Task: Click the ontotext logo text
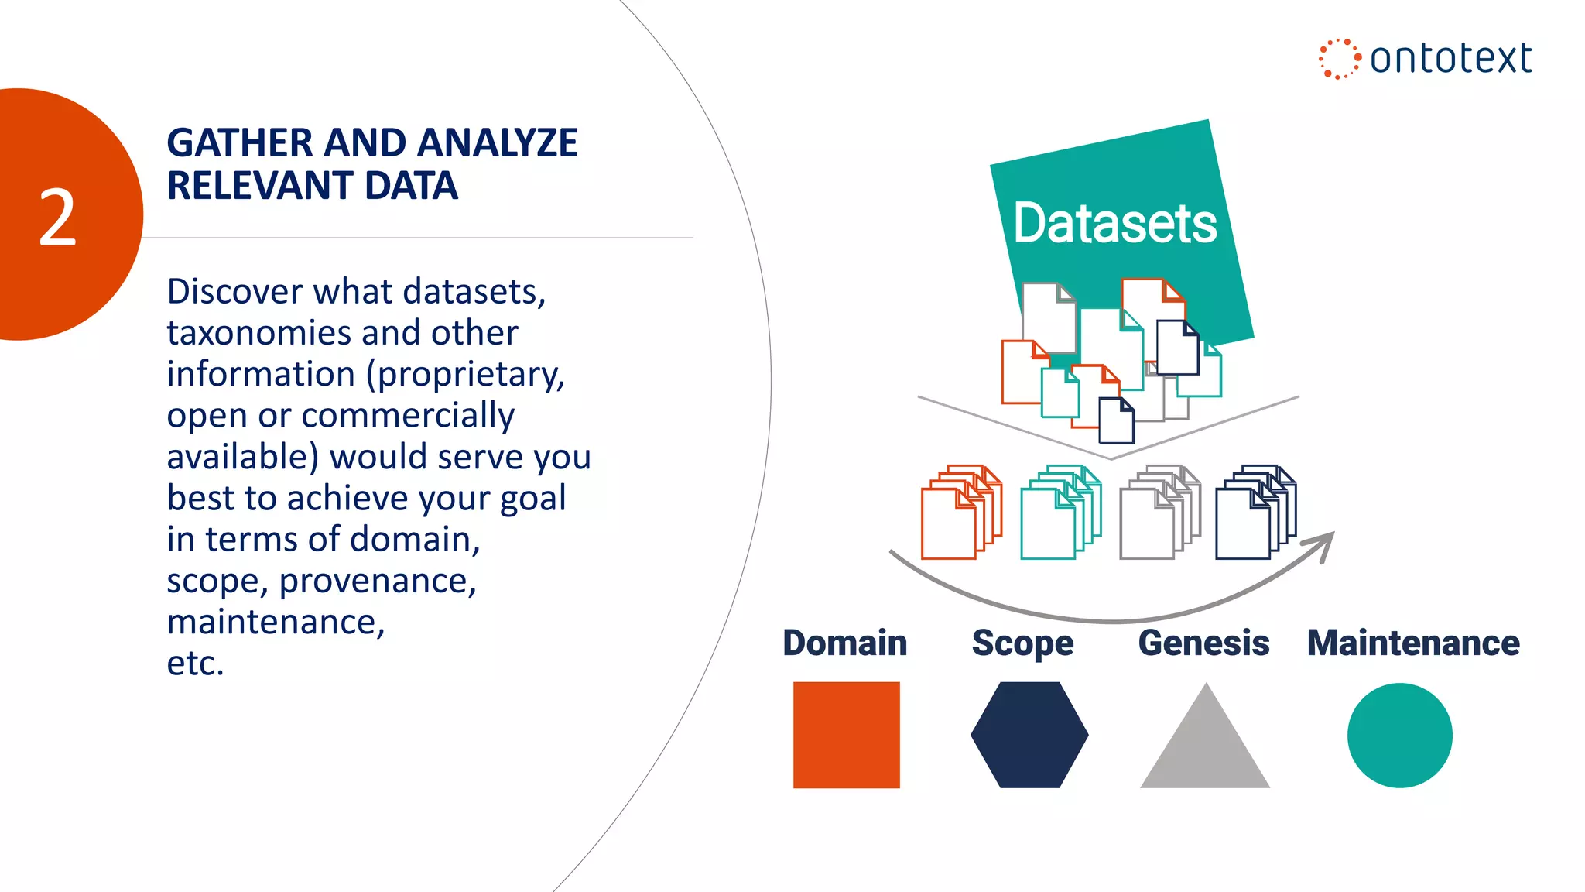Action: pos(1450,59)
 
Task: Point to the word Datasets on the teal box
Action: pos(1114,224)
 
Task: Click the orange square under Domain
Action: pos(846,735)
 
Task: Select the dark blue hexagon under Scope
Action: pos(1029,735)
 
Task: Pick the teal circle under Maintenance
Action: pos(1399,736)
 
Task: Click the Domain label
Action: pos(844,643)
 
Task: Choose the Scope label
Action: pos(1022,643)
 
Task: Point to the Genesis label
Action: pos(1203,643)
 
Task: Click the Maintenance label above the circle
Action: pos(1413,643)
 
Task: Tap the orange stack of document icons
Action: pos(960,512)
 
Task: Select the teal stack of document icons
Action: pos(1060,512)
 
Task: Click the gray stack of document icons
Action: pos(1159,512)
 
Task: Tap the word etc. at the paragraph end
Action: pos(195,664)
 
